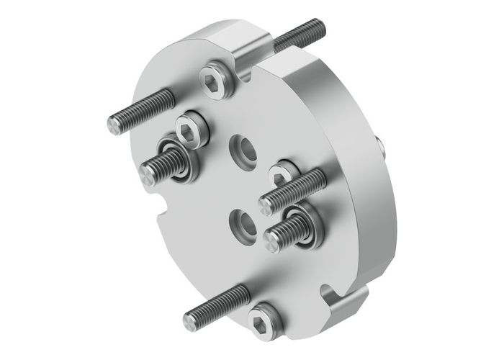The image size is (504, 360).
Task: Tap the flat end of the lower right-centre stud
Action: coord(273,240)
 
